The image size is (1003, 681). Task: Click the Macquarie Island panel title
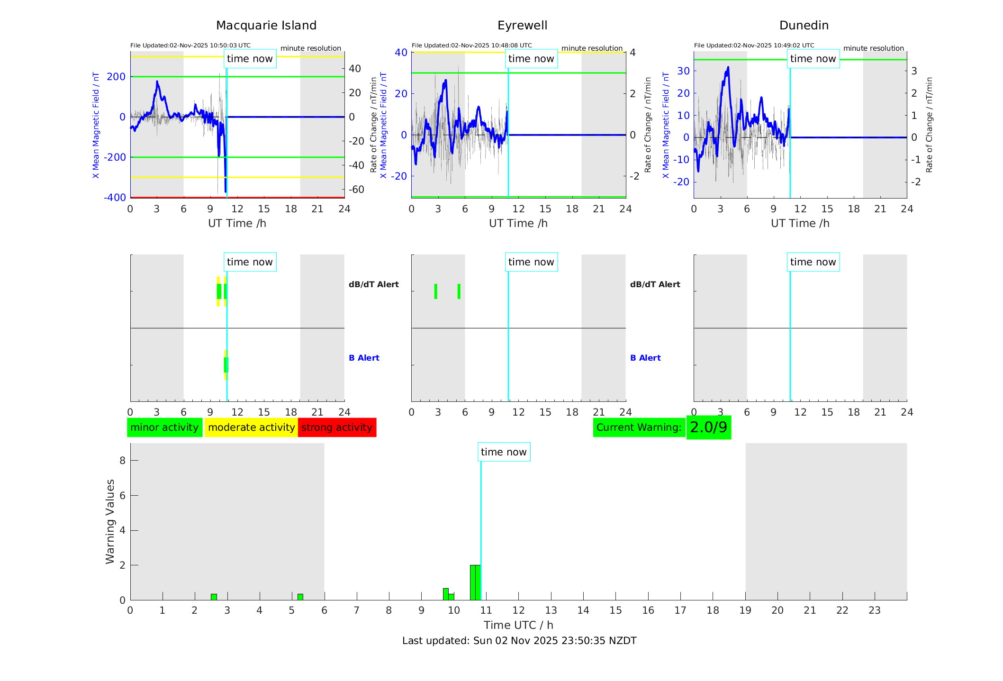[266, 26]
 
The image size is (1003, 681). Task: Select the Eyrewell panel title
[522, 26]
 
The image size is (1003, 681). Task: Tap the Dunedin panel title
[804, 26]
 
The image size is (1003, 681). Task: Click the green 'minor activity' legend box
[164, 427]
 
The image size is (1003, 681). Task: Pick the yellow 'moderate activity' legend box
[251, 427]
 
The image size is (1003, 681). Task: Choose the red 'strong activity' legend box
[337, 427]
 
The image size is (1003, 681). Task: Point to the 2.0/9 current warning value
[708, 427]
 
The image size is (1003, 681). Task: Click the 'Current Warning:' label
[639, 427]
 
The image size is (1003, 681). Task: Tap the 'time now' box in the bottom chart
[504, 452]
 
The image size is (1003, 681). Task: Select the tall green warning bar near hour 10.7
[475, 582]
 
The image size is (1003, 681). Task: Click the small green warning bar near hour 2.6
[214, 597]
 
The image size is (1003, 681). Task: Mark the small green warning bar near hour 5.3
[300, 597]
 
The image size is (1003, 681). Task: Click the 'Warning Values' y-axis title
[110, 521]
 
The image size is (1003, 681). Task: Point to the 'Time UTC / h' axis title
[518, 625]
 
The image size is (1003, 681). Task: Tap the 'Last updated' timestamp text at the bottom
[519, 641]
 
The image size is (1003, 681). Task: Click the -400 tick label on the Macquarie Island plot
[115, 198]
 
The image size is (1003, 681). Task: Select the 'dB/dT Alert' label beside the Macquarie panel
[373, 284]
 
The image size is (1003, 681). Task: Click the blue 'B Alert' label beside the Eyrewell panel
[645, 358]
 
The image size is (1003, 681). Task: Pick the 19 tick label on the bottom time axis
[745, 610]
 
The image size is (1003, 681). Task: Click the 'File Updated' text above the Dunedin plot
[754, 45]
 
